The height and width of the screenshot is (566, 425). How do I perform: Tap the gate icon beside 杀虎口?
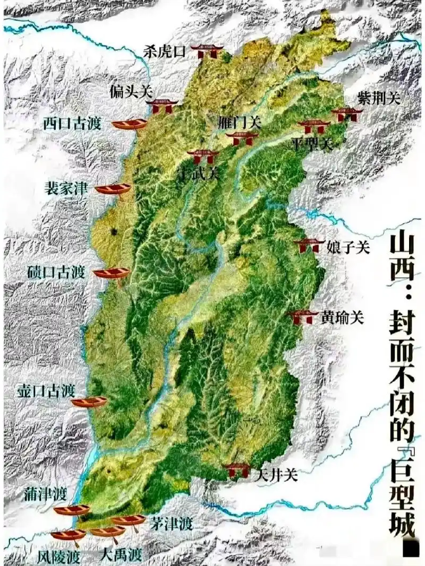coord(207,51)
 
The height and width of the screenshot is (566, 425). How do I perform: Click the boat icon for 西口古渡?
coord(129,124)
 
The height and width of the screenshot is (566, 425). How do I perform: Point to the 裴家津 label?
coord(67,188)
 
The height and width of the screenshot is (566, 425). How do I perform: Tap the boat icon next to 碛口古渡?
coord(112,273)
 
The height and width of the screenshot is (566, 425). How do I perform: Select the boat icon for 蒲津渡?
coord(72,510)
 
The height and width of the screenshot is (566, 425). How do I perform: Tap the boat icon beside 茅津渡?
coord(128,520)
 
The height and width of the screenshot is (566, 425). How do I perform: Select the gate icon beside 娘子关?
coord(309,245)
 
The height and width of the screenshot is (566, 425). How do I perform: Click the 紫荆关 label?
coord(379,98)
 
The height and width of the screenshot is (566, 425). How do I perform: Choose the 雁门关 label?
coord(240,122)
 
